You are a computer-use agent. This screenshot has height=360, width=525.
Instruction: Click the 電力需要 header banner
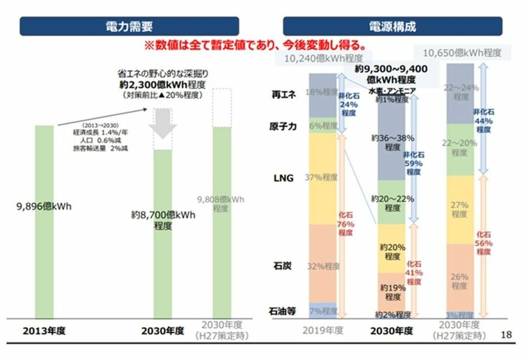[x=129, y=26]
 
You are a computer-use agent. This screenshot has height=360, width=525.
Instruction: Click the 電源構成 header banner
[x=393, y=26]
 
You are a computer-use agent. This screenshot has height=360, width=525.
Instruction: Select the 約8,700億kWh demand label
[x=163, y=220]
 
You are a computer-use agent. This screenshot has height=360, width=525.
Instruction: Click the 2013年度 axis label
[x=44, y=331]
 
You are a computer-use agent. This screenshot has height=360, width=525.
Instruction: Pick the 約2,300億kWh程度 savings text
[x=163, y=84]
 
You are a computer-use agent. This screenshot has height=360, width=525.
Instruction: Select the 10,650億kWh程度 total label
[x=462, y=53]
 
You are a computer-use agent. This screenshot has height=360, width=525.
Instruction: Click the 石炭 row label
[x=283, y=266]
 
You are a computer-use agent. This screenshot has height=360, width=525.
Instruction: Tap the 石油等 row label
[x=283, y=311]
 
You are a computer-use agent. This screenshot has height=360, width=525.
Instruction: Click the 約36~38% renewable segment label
[x=392, y=142]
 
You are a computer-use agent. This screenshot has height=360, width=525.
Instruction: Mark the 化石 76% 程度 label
[x=345, y=224]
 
